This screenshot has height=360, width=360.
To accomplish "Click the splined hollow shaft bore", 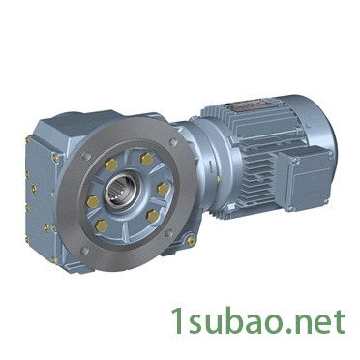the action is point(119,190).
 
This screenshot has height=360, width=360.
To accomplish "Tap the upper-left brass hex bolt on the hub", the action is point(111,165).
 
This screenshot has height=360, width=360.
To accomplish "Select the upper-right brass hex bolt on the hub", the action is point(146,159).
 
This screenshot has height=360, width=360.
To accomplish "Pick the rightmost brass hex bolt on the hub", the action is point(163,189).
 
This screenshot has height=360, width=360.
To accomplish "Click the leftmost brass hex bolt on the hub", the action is point(93,202).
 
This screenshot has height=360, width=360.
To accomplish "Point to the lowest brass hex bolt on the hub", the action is point(102,225).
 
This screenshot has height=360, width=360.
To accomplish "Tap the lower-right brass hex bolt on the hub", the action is point(153,216).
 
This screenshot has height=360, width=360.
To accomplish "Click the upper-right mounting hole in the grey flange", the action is point(173,142).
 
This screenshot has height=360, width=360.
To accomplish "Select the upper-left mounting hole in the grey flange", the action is point(85,156).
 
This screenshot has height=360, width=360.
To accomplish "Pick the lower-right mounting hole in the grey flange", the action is point(168,233).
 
